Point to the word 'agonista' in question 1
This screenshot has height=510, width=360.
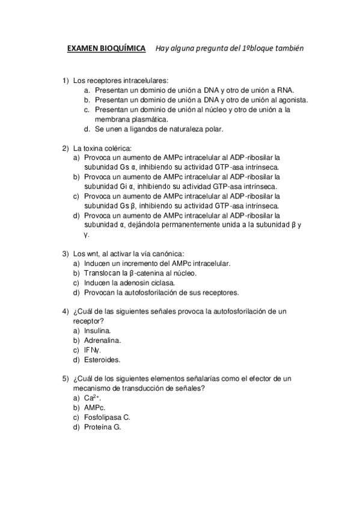(291, 100)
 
